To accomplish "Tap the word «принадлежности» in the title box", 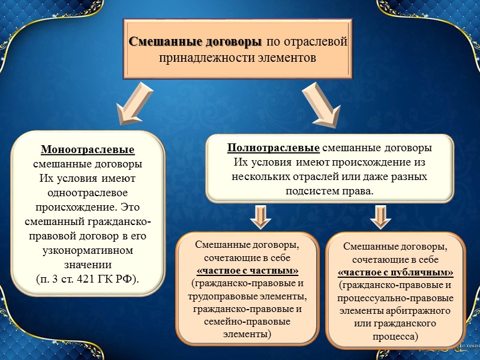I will click(194, 58).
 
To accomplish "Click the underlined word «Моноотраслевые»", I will click(88, 149).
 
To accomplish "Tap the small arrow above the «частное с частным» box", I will click(259, 217).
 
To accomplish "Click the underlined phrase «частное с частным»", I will click(247, 270).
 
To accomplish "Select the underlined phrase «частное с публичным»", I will click(395, 272).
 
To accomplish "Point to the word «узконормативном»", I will click(88, 250).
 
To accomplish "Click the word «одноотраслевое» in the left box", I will click(88, 193).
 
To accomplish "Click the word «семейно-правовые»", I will click(247, 322).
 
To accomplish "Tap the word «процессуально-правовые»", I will click(395, 298).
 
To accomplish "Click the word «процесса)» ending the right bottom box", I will click(395, 337).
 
